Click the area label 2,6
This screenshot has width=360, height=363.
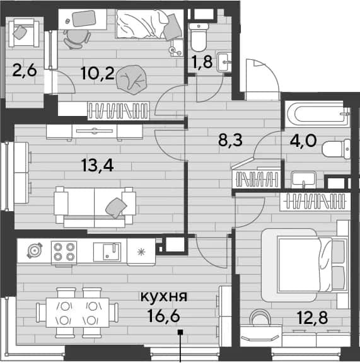point(25,71)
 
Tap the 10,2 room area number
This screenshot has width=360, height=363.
point(98,73)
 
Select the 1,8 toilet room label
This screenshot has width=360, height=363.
point(202,62)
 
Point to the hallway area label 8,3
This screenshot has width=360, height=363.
point(230,140)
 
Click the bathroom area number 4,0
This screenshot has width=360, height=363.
point(303,141)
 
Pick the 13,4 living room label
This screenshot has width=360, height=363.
point(98,166)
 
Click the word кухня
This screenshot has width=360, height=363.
point(164,296)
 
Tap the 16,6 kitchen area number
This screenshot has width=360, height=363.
point(164,316)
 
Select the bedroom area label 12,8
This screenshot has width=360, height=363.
point(313,318)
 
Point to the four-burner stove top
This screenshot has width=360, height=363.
point(64,252)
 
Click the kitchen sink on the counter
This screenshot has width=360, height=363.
point(107,252)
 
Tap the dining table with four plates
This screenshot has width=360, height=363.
point(78,313)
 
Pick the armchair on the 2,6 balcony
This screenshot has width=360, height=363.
point(24,33)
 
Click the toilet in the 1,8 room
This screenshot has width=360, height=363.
point(199,37)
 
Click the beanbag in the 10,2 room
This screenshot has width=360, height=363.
point(132,79)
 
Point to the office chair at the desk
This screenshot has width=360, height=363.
point(76,39)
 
